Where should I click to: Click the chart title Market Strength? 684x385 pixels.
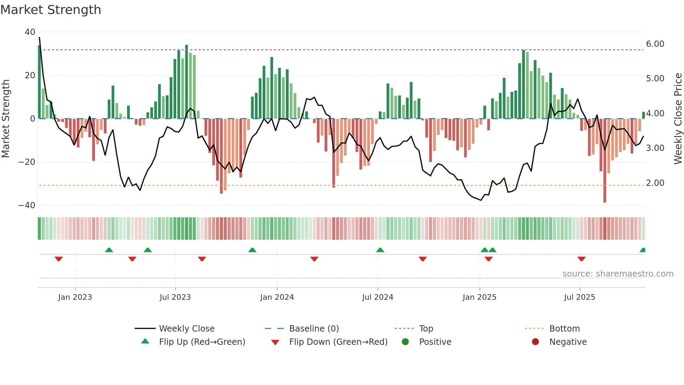pos(51,10)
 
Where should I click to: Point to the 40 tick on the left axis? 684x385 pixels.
pos(30,32)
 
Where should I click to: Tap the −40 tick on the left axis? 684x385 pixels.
pos(27,205)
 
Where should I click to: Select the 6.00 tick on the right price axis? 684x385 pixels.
pos(655,44)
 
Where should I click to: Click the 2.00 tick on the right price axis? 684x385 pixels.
pos(655,183)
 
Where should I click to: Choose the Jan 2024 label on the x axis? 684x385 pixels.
pos(277,297)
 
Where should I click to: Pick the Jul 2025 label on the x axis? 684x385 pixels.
pos(580,297)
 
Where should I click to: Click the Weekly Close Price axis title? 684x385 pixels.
pos(678,119)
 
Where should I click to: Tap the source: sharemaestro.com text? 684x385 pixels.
pos(618,274)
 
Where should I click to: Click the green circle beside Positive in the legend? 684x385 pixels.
pos(405,342)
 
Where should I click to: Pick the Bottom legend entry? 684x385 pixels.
pos(564,329)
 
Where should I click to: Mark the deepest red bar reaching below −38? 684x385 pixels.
pos(605,161)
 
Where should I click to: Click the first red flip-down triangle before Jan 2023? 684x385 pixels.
pos(59,259)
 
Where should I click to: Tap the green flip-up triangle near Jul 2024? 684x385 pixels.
pos(380,250)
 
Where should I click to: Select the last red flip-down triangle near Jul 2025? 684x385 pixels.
pos(581,259)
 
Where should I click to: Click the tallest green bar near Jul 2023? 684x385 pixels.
pos(186,82)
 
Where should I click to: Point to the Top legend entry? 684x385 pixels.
pos(426,329)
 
